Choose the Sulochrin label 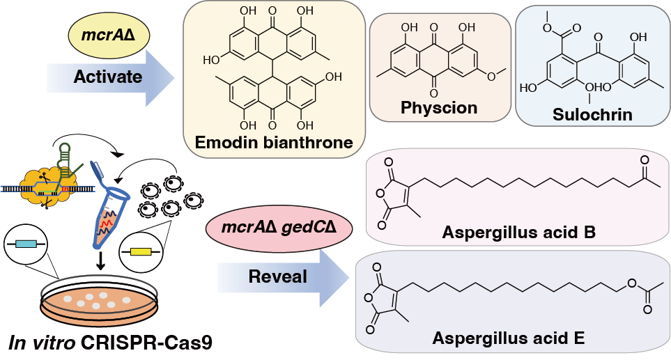point(592,115)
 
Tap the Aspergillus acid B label point(518,232)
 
